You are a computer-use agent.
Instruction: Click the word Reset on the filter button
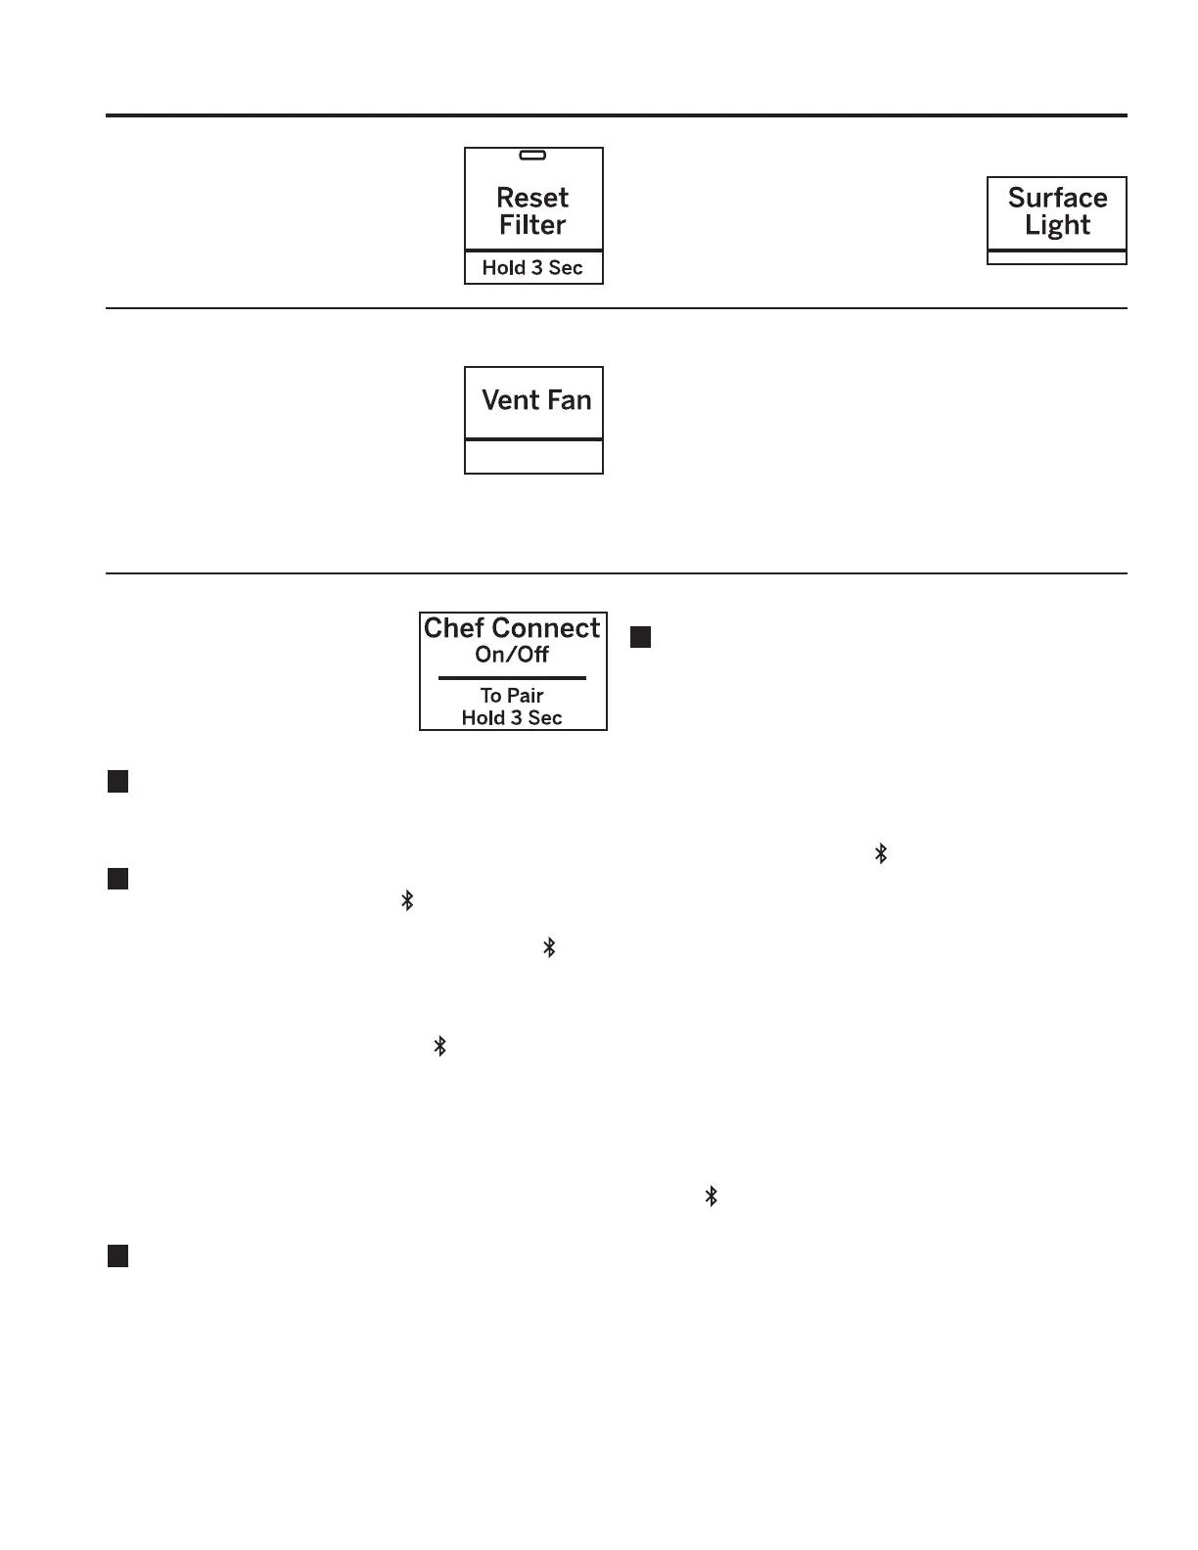[532, 198]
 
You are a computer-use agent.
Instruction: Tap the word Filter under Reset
[532, 225]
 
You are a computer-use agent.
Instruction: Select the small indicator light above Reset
[532, 156]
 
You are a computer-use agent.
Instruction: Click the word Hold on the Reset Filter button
[503, 268]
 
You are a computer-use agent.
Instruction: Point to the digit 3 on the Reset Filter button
[537, 268]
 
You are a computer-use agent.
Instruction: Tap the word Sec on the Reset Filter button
[566, 268]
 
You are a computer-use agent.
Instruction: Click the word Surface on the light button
[1057, 198]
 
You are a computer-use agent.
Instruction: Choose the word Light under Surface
[1057, 225]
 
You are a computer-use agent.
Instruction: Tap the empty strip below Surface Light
[1057, 258]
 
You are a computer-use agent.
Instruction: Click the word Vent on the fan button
[510, 400]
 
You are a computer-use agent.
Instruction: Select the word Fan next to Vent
[569, 400]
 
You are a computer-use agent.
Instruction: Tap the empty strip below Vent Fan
[533, 457]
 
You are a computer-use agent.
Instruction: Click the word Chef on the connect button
[453, 628]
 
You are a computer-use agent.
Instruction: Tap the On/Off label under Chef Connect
[512, 655]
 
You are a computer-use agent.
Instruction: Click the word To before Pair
[490, 696]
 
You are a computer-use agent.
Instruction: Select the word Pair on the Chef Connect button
[525, 696]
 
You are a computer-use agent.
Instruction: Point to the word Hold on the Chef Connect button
[483, 718]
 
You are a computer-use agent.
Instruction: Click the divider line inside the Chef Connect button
[512, 677]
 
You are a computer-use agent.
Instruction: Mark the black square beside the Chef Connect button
[640, 637]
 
